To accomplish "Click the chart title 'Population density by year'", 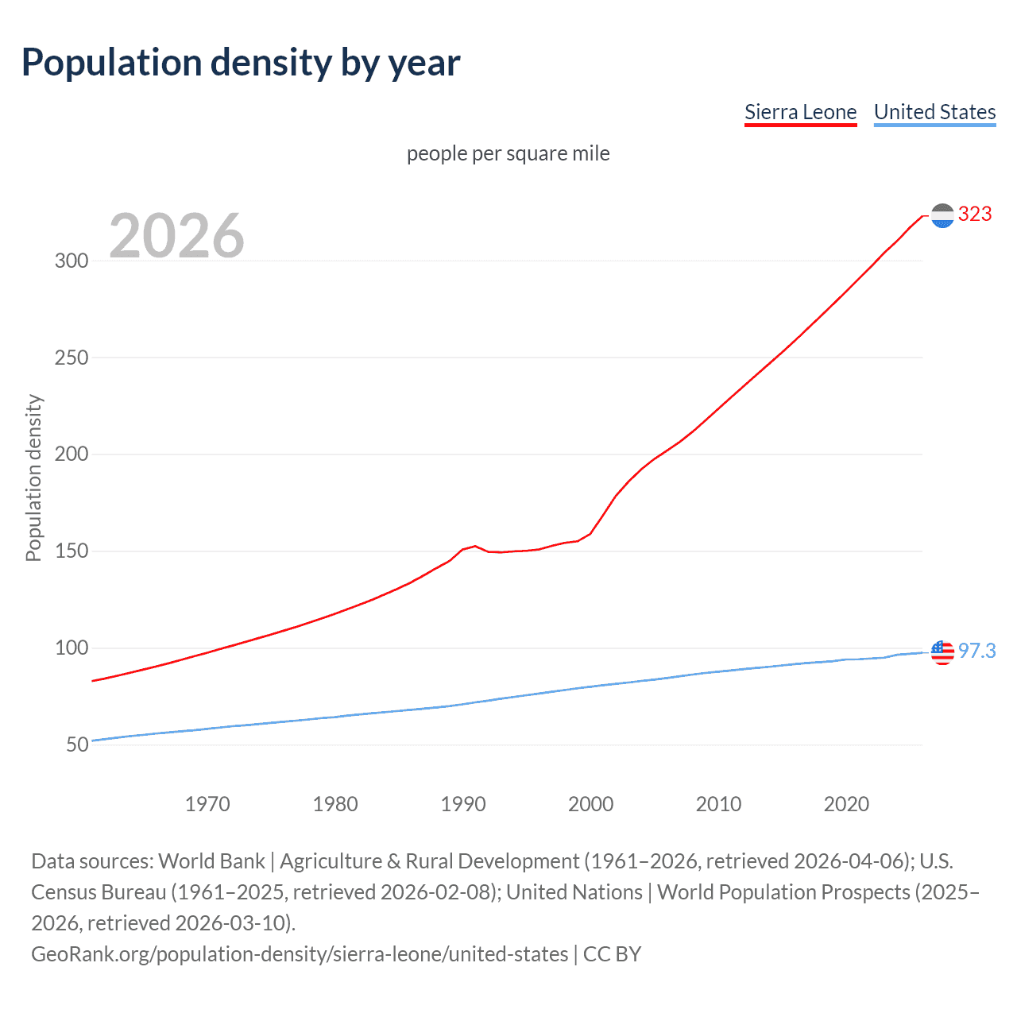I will point(241,62).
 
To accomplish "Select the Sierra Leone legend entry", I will point(800,112).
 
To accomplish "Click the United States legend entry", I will point(934,112).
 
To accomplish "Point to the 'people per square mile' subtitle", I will point(508,153).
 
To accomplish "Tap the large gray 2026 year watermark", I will point(176,236).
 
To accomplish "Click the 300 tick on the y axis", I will point(72,261).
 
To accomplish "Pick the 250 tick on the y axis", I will point(72,358).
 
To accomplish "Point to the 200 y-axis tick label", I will point(72,454).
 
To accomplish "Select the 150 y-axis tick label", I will point(72,551).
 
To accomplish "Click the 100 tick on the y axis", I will point(72,648).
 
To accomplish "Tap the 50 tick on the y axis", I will point(77,745).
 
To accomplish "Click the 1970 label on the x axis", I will point(207,804).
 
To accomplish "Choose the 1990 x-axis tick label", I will point(463,804).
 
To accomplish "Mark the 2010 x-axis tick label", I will point(718,804).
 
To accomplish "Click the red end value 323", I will point(975,214).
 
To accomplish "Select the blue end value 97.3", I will point(976,651).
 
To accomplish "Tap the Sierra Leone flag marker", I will point(942,215).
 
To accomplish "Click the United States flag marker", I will point(942,652).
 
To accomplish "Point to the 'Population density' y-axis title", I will point(33,478).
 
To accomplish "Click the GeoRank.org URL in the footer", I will point(300,953).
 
